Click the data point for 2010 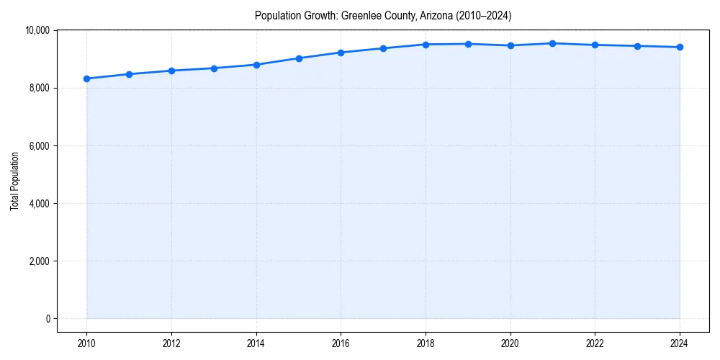[x=86, y=78]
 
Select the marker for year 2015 [x=299, y=58]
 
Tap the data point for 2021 [x=552, y=43]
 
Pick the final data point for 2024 [x=680, y=48]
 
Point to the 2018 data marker [x=426, y=45]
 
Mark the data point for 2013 [x=214, y=68]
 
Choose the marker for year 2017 [x=383, y=48]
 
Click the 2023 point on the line [x=637, y=46]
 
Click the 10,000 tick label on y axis [x=37, y=30]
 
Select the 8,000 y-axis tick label [x=39, y=88]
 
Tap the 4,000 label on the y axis [x=39, y=204]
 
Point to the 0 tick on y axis [x=47, y=319]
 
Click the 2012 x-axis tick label [x=171, y=343]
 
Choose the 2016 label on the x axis [x=341, y=343]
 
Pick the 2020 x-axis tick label [x=510, y=343]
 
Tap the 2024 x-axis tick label [x=680, y=343]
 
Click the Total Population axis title [x=14, y=181]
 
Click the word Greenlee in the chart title [x=358, y=15]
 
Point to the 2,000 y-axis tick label [x=39, y=261]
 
